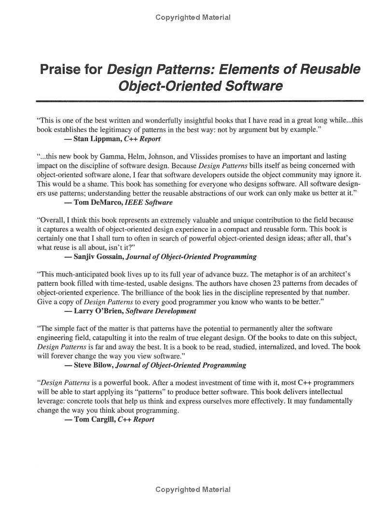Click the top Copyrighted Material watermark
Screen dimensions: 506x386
pyautogui.click(x=193, y=18)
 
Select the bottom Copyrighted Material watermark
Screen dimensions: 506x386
pyautogui.click(x=193, y=490)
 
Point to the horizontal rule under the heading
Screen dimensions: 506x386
pyautogui.click(x=199, y=100)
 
